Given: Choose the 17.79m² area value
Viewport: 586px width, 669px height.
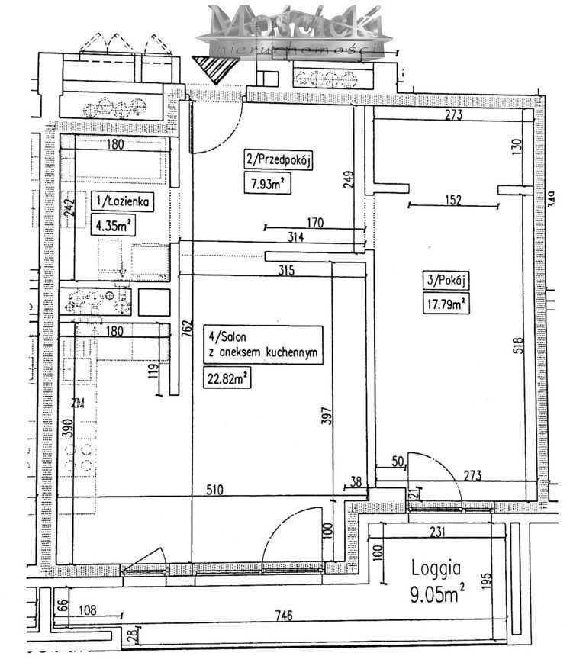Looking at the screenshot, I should (446, 304).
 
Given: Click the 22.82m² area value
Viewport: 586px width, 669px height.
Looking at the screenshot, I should (227, 377).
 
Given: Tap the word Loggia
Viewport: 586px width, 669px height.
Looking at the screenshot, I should (436, 568).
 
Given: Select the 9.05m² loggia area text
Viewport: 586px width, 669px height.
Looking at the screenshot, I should (437, 594).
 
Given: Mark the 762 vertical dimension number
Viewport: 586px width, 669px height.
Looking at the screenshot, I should (185, 330).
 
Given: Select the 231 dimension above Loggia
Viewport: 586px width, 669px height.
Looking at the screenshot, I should (436, 534).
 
